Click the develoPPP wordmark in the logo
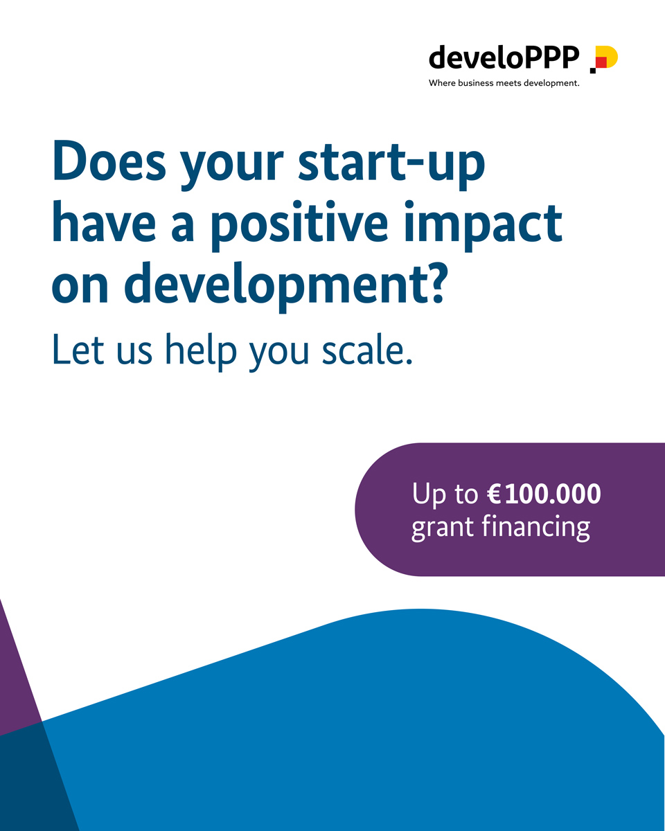point(504,57)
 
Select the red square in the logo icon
point(601,62)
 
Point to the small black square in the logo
point(592,70)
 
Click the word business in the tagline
point(477,83)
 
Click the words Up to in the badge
point(445,495)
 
